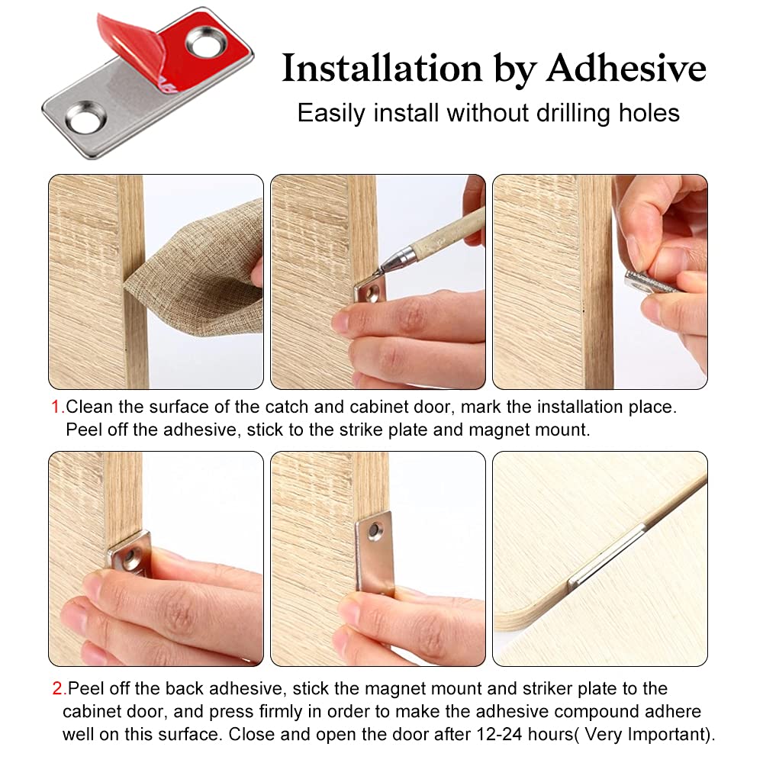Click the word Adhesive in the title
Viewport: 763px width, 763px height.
point(626,69)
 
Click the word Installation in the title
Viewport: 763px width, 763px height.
point(381,69)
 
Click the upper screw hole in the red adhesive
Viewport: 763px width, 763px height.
point(204,42)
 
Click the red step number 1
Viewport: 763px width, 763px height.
point(55,407)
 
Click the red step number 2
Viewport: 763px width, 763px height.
point(57,689)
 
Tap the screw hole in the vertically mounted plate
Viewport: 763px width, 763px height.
point(375,528)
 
